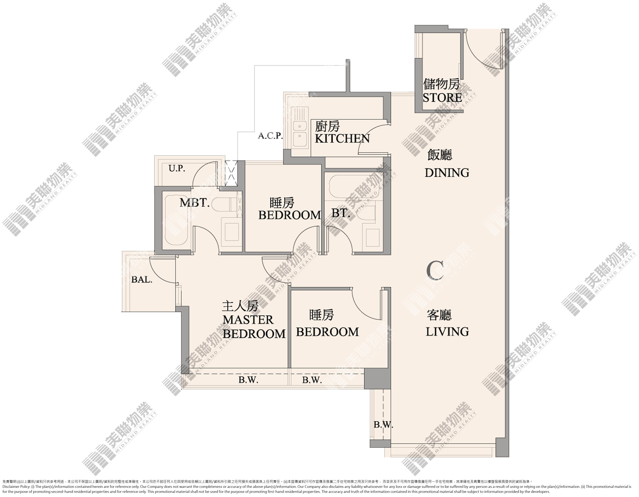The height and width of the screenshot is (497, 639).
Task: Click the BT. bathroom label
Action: click(341, 213)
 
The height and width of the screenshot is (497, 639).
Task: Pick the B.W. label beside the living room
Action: click(383, 425)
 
